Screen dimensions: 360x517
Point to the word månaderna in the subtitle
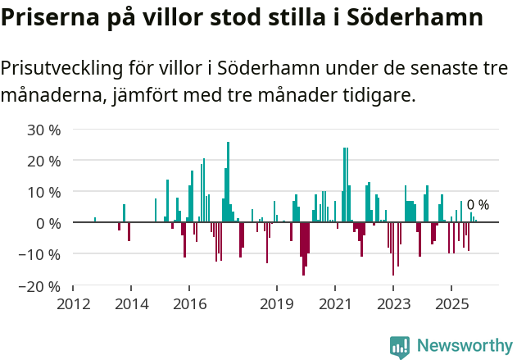[x=50, y=96]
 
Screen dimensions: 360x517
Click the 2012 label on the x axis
[x=73, y=304]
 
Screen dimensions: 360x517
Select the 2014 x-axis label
[x=131, y=304]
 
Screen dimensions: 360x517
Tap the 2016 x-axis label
[x=189, y=304]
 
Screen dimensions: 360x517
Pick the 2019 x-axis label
[x=276, y=304]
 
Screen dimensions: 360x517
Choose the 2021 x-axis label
[x=334, y=304]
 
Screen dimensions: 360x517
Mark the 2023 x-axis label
[x=392, y=304]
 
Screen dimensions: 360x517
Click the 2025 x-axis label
[x=451, y=304]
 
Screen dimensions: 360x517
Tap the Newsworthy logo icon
[x=400, y=347]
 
